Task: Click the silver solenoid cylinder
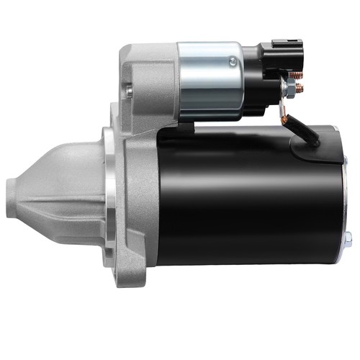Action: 209,79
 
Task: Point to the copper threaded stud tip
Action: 300,88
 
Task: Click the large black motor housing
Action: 245,194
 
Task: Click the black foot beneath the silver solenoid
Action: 184,130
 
